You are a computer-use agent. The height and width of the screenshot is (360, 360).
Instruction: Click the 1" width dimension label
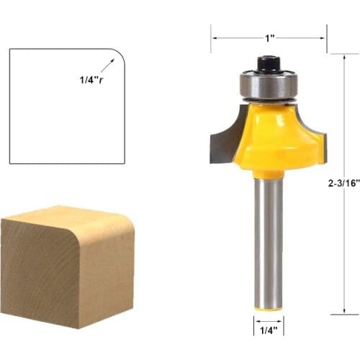point(269,37)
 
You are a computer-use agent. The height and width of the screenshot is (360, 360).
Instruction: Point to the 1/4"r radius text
point(92,81)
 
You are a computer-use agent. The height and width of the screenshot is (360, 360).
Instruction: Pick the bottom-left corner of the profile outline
point(10,163)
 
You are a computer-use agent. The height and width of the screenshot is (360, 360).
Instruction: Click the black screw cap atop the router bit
point(269,63)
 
